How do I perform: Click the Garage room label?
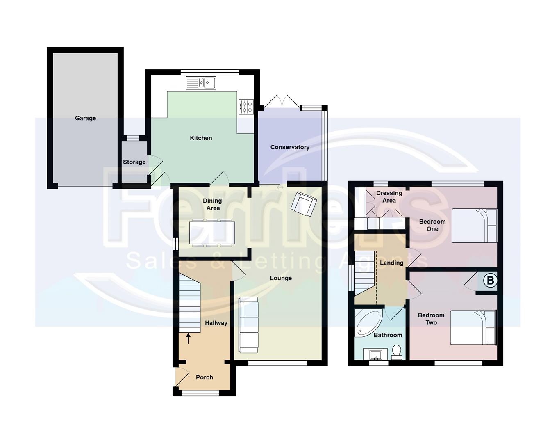(85, 118)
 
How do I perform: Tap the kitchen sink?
(201, 83)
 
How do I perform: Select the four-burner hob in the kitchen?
(246, 107)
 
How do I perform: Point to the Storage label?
(134, 162)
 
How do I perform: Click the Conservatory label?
(290, 147)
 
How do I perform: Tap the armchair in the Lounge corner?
(304, 203)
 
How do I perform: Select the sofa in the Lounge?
(249, 324)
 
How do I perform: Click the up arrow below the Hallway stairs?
(189, 338)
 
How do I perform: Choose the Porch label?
(205, 377)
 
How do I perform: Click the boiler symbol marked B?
(490, 281)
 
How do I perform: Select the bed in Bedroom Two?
(473, 327)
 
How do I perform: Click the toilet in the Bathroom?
(397, 352)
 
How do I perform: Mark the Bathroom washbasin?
(375, 354)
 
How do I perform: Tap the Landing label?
(391, 263)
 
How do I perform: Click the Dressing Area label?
(389, 196)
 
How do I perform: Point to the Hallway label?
(216, 323)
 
